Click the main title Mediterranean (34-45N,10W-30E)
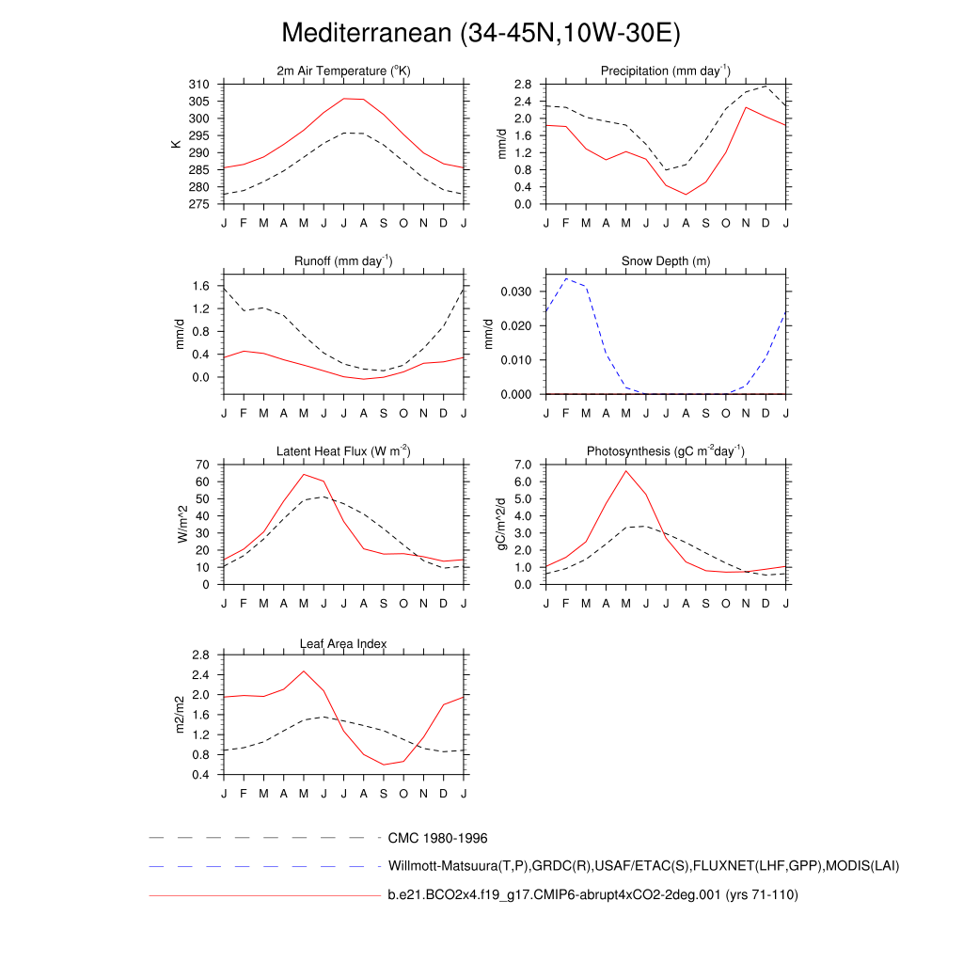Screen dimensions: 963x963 481,34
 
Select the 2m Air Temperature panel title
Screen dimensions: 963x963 343,71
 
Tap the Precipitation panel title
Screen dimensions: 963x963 665,71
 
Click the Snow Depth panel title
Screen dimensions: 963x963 665,261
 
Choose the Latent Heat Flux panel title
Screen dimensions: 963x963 343,451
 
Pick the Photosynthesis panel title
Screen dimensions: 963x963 665,451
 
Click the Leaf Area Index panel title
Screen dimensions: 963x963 343,643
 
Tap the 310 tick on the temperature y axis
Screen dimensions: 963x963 199,85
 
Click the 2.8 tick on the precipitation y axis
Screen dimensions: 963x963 524,85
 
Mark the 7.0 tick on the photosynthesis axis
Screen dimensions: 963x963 524,465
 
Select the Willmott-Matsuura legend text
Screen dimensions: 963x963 643,866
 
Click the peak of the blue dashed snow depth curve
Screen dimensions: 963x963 565,278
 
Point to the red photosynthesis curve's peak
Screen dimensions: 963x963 625,471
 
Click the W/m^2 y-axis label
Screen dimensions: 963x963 183,524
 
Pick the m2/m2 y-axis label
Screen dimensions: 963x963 183,715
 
